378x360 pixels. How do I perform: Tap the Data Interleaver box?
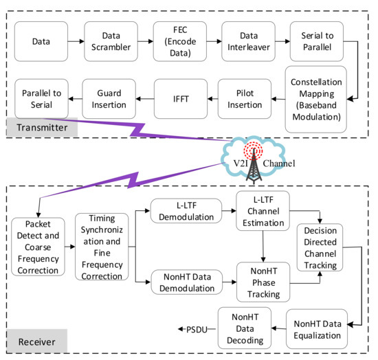pos(247,41)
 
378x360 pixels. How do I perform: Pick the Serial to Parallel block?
pos(316,41)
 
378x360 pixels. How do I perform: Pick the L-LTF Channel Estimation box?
pos(263,212)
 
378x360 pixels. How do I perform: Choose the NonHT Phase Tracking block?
pos(263,282)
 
